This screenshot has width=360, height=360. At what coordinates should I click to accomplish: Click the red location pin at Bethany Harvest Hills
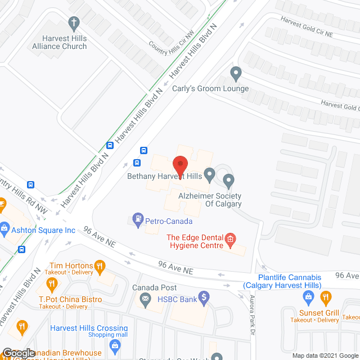(x=180, y=164)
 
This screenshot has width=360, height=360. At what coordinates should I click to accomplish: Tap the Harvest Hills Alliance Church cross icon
(x=73, y=23)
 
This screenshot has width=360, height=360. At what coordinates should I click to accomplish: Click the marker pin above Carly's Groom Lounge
(x=236, y=73)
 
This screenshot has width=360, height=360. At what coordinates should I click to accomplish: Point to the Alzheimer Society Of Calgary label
(x=210, y=200)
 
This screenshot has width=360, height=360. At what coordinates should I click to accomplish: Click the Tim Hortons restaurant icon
(x=100, y=265)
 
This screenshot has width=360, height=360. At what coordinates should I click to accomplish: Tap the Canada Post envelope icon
(x=146, y=299)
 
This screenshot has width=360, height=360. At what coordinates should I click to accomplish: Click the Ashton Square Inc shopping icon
(x=5, y=229)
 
